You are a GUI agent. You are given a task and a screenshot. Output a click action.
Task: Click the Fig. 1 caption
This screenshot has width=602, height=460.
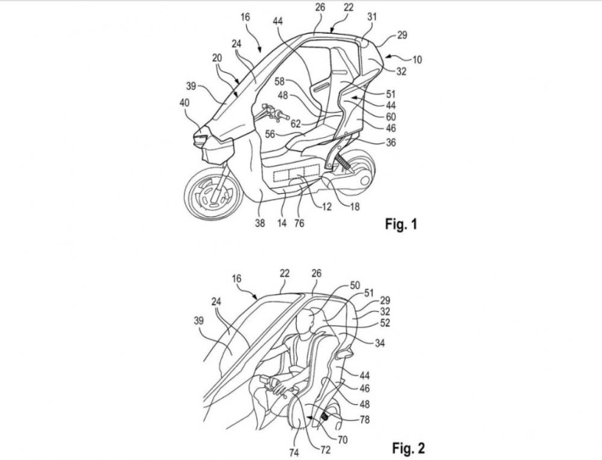click(x=401, y=224)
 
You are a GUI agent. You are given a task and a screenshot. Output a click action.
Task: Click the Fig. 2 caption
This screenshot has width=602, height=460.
click(x=408, y=447)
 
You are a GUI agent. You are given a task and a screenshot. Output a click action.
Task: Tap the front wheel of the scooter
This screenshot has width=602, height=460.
click(x=212, y=192)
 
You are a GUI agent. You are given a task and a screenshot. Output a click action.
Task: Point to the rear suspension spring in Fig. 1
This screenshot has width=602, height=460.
click(x=343, y=161)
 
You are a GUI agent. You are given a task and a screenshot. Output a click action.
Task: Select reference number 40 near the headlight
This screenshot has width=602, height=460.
click(x=184, y=103)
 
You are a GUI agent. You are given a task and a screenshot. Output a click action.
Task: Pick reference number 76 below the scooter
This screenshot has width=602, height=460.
click(x=298, y=222)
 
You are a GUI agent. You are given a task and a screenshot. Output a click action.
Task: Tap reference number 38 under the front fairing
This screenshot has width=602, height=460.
click(x=260, y=222)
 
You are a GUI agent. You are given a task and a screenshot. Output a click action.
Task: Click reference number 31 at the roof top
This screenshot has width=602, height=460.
click(x=372, y=17)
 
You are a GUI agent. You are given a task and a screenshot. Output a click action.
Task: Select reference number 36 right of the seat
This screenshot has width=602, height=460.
click(x=391, y=143)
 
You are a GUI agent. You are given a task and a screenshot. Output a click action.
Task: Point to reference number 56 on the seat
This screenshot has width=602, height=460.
click(x=270, y=133)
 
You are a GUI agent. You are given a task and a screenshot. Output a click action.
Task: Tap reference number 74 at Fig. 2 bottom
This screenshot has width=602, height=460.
click(x=294, y=452)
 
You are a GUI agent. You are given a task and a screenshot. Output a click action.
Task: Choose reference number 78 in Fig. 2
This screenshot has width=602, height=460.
click(x=364, y=419)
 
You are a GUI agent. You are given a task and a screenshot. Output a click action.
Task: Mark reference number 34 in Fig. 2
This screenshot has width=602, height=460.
click(x=380, y=343)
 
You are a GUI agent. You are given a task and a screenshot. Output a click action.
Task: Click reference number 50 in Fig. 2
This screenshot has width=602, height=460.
click(x=355, y=285)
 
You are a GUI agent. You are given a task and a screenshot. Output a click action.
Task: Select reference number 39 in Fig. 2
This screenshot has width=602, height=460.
click(x=199, y=320)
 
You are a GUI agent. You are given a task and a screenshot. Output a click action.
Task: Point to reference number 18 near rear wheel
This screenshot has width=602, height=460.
click(x=355, y=206)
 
